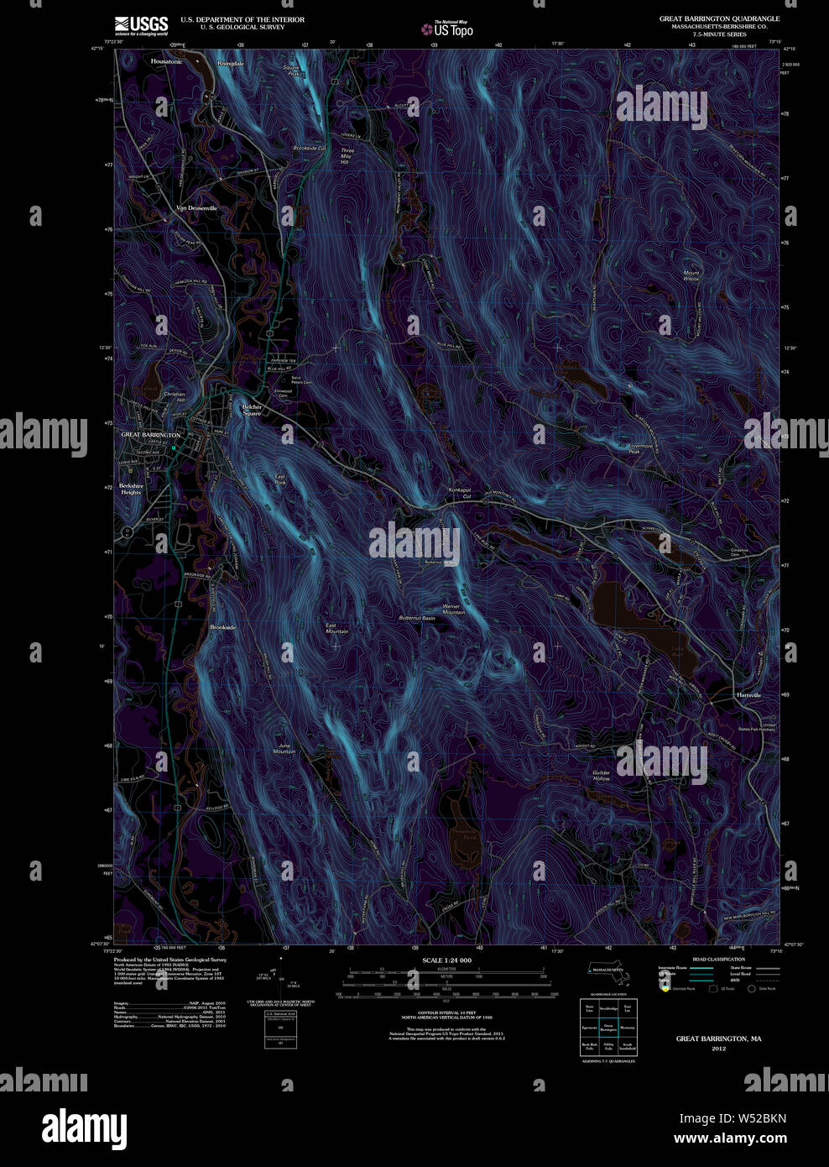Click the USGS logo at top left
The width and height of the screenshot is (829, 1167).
[x=141, y=24]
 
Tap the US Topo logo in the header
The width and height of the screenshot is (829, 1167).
[x=447, y=29]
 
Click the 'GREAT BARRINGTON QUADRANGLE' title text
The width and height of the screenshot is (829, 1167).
[x=719, y=18]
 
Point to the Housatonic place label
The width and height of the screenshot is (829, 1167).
[x=166, y=61]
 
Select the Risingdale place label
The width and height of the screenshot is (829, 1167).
[x=231, y=63]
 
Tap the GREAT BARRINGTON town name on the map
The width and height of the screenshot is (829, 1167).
[x=151, y=435]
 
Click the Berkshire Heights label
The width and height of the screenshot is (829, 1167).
[x=130, y=489]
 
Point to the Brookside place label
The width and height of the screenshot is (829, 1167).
[x=222, y=627]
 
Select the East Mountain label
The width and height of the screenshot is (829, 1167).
[x=336, y=628]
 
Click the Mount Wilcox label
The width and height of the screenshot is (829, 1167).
[x=691, y=275]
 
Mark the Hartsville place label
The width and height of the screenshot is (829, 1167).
[x=748, y=695]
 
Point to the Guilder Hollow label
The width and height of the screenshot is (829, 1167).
[x=601, y=776]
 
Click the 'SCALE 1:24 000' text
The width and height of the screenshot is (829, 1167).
[x=446, y=960]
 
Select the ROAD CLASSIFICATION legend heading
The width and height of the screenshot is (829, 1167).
[x=718, y=959]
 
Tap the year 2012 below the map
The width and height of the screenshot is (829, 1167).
[x=718, y=1049]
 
